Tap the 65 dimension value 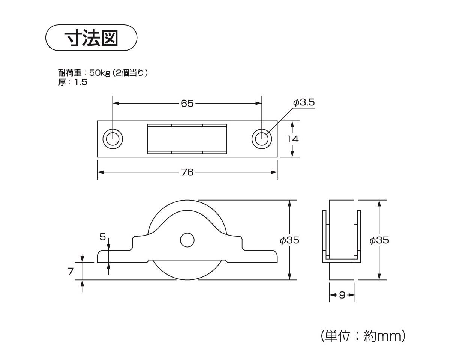pyautogui.click(x=187, y=103)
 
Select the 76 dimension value pyautogui.click(x=187, y=172)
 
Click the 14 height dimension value pyautogui.click(x=292, y=139)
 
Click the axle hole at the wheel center pyautogui.click(x=187, y=240)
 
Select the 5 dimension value pyautogui.click(x=102, y=237)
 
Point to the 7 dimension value pyautogui.click(x=71, y=271)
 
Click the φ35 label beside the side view pyautogui.click(x=289, y=240)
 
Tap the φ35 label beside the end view pyautogui.click(x=379, y=240)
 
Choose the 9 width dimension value pyautogui.click(x=342, y=295)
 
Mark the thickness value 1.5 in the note pyautogui.click(x=81, y=82)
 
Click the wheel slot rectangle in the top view pyautogui.click(x=187, y=139)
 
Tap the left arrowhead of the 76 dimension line pyautogui.click(x=100, y=172)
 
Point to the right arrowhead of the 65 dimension pyautogui.click(x=259, y=103)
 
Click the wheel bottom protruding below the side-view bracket pyautogui.click(x=187, y=272)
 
